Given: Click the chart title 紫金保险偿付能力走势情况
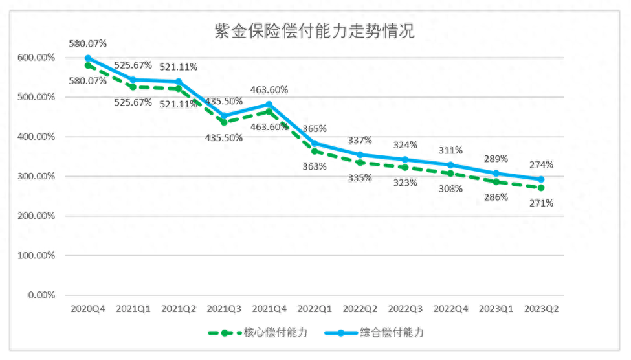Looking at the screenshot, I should coord(315,30).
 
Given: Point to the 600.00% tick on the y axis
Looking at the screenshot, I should coord(37,58).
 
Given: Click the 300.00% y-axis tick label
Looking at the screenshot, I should coord(37,176).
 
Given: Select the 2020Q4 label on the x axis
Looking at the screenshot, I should coord(88,309).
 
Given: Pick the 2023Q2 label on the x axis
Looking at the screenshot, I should coord(541,309).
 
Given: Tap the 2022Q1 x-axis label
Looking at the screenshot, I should coord(315,309).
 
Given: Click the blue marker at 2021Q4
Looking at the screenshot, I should coord(269,104).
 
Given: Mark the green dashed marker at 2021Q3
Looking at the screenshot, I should coord(224,122).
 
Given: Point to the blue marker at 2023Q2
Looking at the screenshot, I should coord(541,179).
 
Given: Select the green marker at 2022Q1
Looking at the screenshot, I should coord(315,151).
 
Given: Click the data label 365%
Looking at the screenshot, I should coord(315,128).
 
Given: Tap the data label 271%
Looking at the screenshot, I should coord(541,203).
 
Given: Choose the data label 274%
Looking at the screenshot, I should coord(541,164).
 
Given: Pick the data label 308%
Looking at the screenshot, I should coord(450,189).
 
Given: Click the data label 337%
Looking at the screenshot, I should coord(360,140).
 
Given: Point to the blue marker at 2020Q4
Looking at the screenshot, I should coord(88,58).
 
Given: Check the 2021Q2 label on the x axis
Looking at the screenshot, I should coord(179,309).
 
